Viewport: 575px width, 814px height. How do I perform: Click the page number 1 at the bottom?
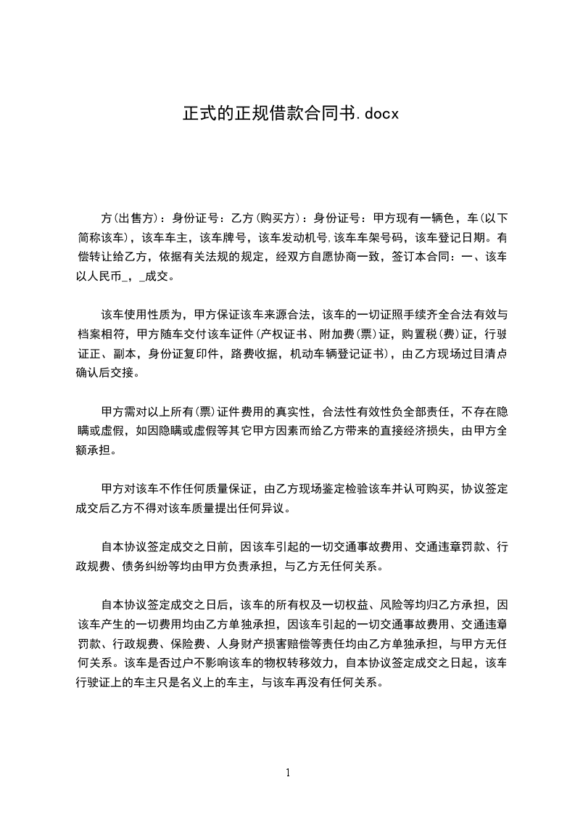pyautogui.click(x=288, y=773)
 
